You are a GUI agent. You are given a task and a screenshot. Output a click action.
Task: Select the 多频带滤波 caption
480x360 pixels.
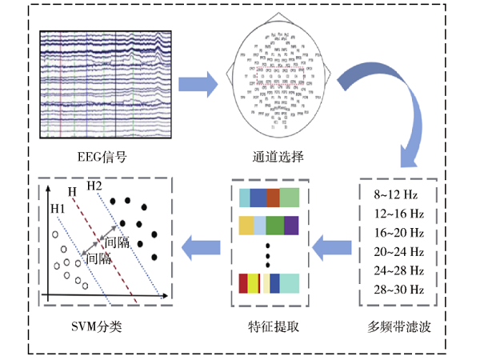point(398,326)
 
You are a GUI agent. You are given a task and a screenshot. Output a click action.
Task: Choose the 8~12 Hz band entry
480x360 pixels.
point(398,195)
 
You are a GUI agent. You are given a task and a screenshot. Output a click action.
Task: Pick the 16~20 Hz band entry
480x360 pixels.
point(398,233)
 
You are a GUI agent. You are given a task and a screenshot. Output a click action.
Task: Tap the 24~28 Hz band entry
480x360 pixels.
point(398,270)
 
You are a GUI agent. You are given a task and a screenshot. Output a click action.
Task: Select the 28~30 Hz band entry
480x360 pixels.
point(398,289)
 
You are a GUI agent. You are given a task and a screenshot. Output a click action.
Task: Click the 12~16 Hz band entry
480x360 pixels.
point(398,214)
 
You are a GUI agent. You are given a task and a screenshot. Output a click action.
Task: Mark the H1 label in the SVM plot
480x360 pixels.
point(58,210)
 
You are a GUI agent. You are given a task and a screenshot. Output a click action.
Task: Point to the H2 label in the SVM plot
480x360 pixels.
point(94,186)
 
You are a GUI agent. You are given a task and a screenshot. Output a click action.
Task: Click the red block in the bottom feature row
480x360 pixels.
point(243,283)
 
